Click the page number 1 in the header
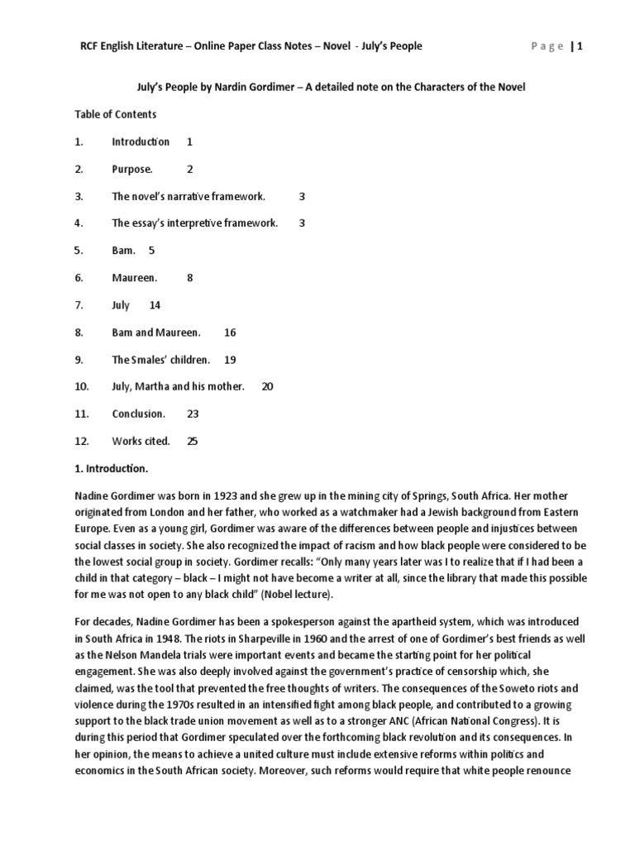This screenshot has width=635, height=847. (x=580, y=46)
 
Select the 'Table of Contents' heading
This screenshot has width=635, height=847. (x=115, y=114)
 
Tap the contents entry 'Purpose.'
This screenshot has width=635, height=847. (x=132, y=169)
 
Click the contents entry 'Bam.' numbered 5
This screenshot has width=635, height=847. (x=123, y=250)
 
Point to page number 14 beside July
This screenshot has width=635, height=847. (x=155, y=304)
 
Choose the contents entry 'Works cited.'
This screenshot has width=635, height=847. (x=141, y=441)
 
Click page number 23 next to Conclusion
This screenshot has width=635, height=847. (x=193, y=414)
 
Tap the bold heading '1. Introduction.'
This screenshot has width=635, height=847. (x=112, y=468)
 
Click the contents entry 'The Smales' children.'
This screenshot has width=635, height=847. (x=161, y=359)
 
